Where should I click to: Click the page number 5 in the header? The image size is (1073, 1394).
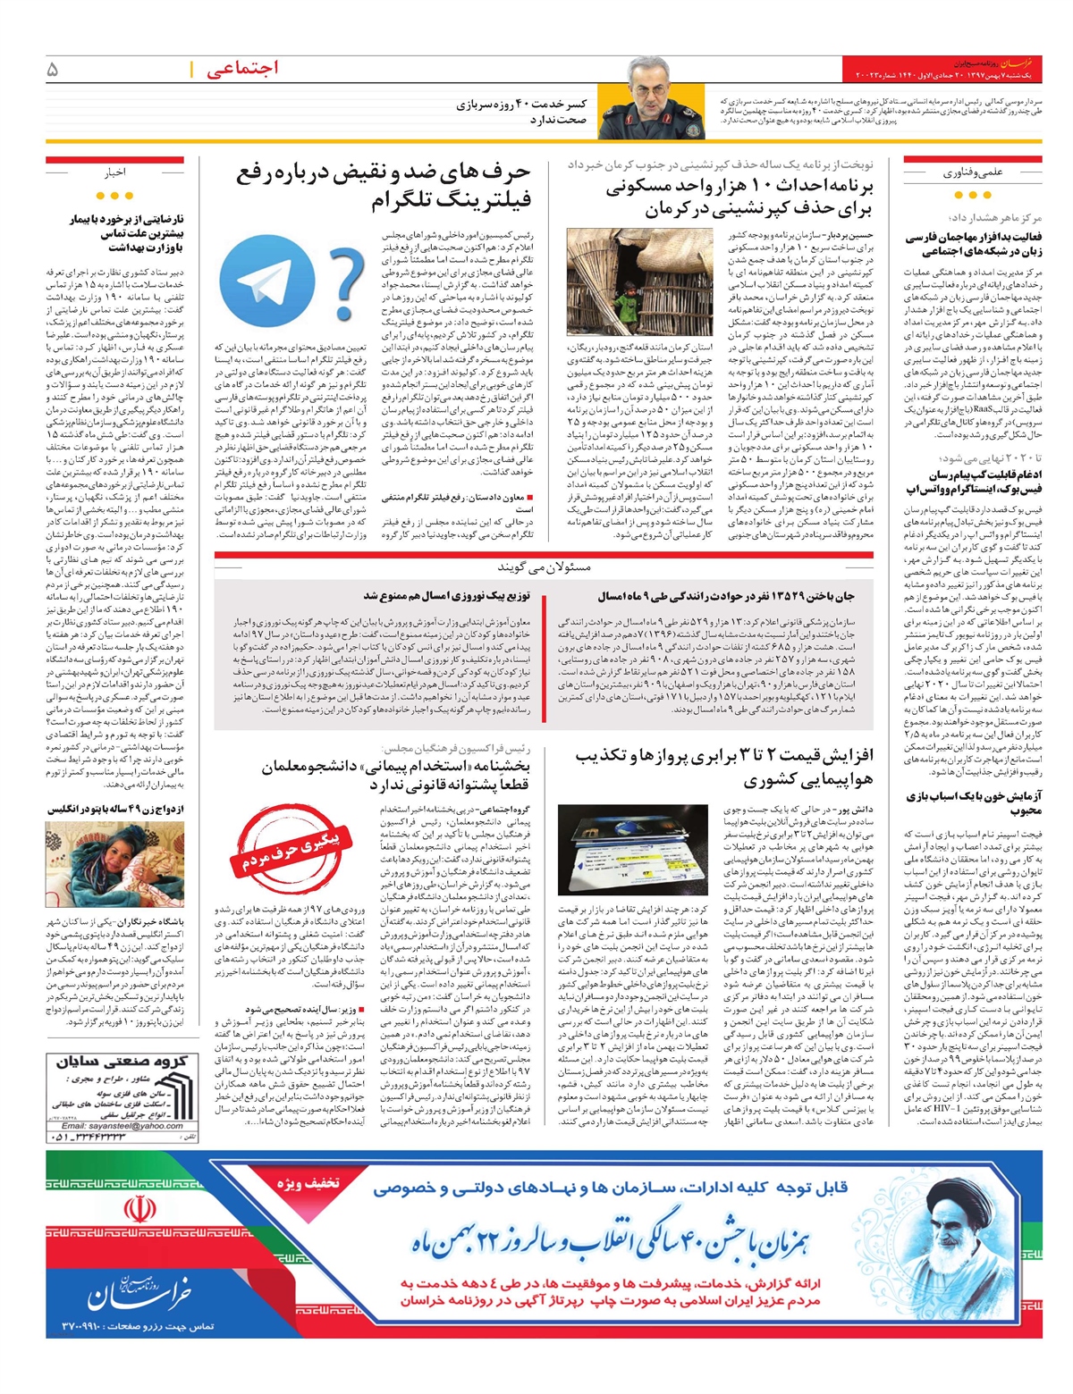coord(53,69)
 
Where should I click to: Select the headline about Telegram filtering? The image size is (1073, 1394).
coord(384,184)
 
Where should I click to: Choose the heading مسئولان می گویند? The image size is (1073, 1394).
coord(543,567)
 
